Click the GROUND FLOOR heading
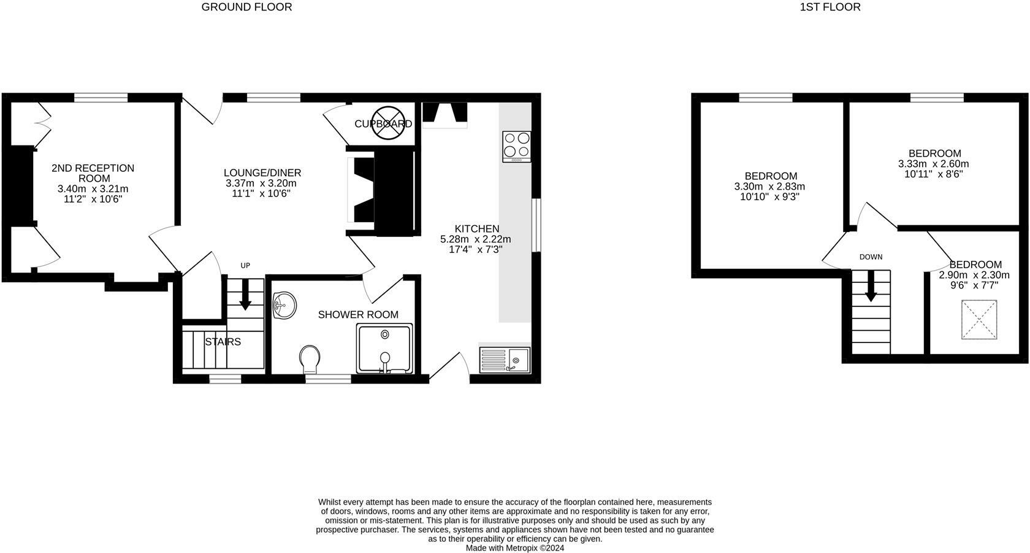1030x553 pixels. pyautogui.click(x=246, y=7)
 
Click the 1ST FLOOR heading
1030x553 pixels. pyautogui.click(x=830, y=7)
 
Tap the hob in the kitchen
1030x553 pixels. pyautogui.click(x=516, y=146)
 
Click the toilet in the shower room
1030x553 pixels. pyautogui.click(x=310, y=358)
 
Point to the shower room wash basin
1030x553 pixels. pyautogui.click(x=284, y=305)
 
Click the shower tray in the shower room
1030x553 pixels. pyautogui.click(x=384, y=349)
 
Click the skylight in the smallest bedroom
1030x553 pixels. pyautogui.click(x=979, y=319)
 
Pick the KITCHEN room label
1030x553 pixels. pyautogui.click(x=476, y=229)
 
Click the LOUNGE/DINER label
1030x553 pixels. pyautogui.click(x=262, y=173)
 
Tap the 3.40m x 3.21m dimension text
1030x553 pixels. pyautogui.click(x=93, y=189)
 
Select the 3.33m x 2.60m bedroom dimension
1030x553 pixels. pyautogui.click(x=933, y=164)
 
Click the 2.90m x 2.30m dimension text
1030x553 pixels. pyautogui.click(x=974, y=275)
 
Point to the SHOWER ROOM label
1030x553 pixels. pyautogui.click(x=358, y=315)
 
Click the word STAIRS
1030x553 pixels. pyautogui.click(x=223, y=342)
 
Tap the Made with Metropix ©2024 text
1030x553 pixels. pyautogui.click(x=515, y=548)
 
